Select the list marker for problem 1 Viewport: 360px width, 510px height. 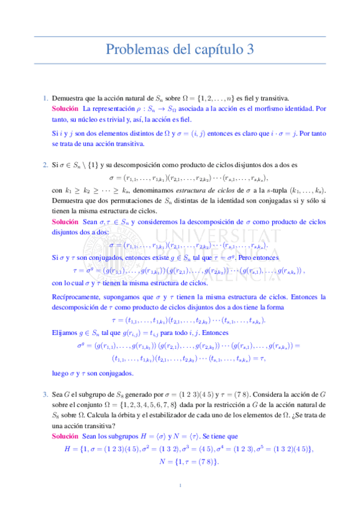click(45, 98)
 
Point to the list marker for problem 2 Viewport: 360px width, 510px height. click(45, 164)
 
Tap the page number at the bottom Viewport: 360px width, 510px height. click(180, 485)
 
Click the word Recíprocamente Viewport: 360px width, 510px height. click(75, 297)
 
